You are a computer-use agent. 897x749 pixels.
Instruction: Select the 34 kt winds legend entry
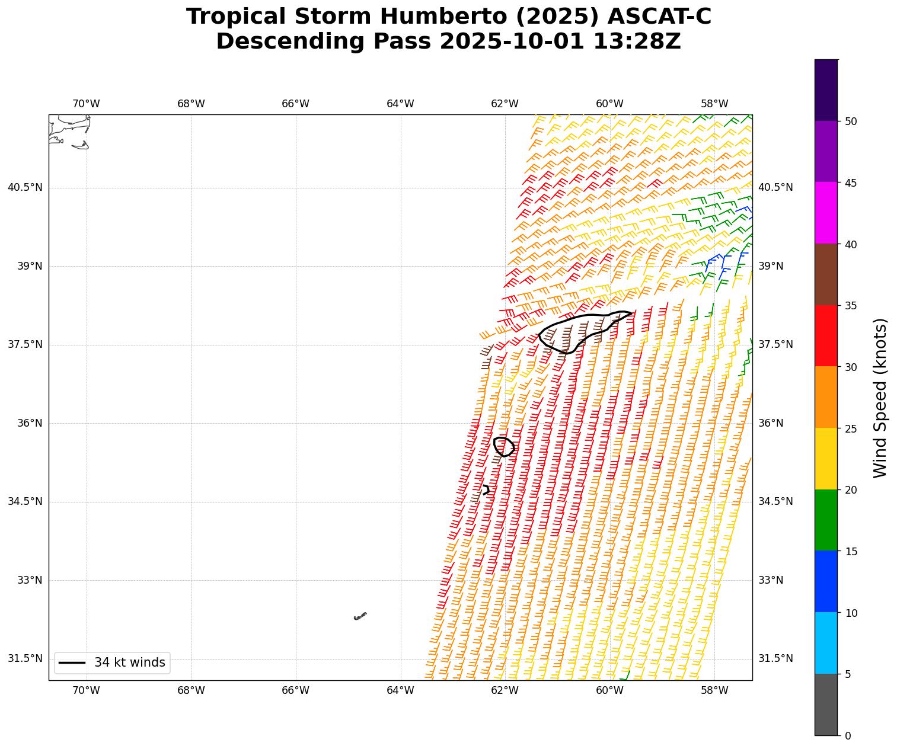(x=112, y=662)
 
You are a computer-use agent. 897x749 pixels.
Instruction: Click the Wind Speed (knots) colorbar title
(x=881, y=398)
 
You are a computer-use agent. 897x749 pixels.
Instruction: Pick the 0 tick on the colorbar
(x=848, y=736)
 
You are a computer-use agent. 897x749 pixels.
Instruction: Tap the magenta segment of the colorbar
(x=826, y=213)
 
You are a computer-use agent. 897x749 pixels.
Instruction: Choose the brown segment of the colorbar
(x=826, y=274)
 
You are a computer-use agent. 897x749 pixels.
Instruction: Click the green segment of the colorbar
(x=826, y=520)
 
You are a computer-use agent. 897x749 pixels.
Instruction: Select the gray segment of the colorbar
(x=826, y=705)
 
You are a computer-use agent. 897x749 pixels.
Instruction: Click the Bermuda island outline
(x=360, y=616)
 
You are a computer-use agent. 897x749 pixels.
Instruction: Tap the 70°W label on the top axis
(x=86, y=104)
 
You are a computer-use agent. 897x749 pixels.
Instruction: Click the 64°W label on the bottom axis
(x=400, y=691)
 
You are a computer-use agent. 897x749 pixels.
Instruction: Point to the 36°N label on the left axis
(x=30, y=423)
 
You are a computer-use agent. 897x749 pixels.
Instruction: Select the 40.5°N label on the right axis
(x=775, y=187)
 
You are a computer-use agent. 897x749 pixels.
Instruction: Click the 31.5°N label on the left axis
(x=25, y=658)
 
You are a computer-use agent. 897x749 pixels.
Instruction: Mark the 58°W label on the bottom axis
(x=714, y=691)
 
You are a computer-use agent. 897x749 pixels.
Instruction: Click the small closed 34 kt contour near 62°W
(x=504, y=446)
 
